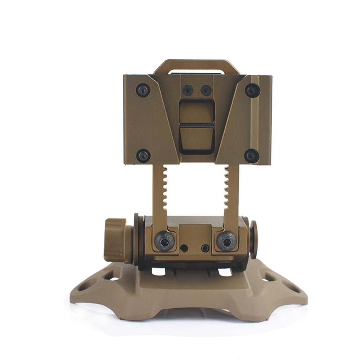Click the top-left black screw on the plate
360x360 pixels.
[x=143, y=90]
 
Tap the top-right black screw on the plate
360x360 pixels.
[x=252, y=90]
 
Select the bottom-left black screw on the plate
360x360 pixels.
[x=143, y=156]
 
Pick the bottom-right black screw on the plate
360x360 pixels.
[x=251, y=156]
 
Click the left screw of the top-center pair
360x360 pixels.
[x=188, y=90]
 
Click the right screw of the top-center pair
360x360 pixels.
[x=206, y=90]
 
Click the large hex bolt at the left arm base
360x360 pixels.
[x=165, y=241]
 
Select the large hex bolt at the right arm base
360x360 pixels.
[x=227, y=241]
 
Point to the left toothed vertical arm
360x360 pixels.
[x=159, y=194]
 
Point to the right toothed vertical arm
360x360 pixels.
[x=231, y=194]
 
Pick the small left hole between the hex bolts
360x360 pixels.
[x=184, y=248]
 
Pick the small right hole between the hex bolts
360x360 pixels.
[x=205, y=248]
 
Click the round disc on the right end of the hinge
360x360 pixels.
[x=253, y=239]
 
